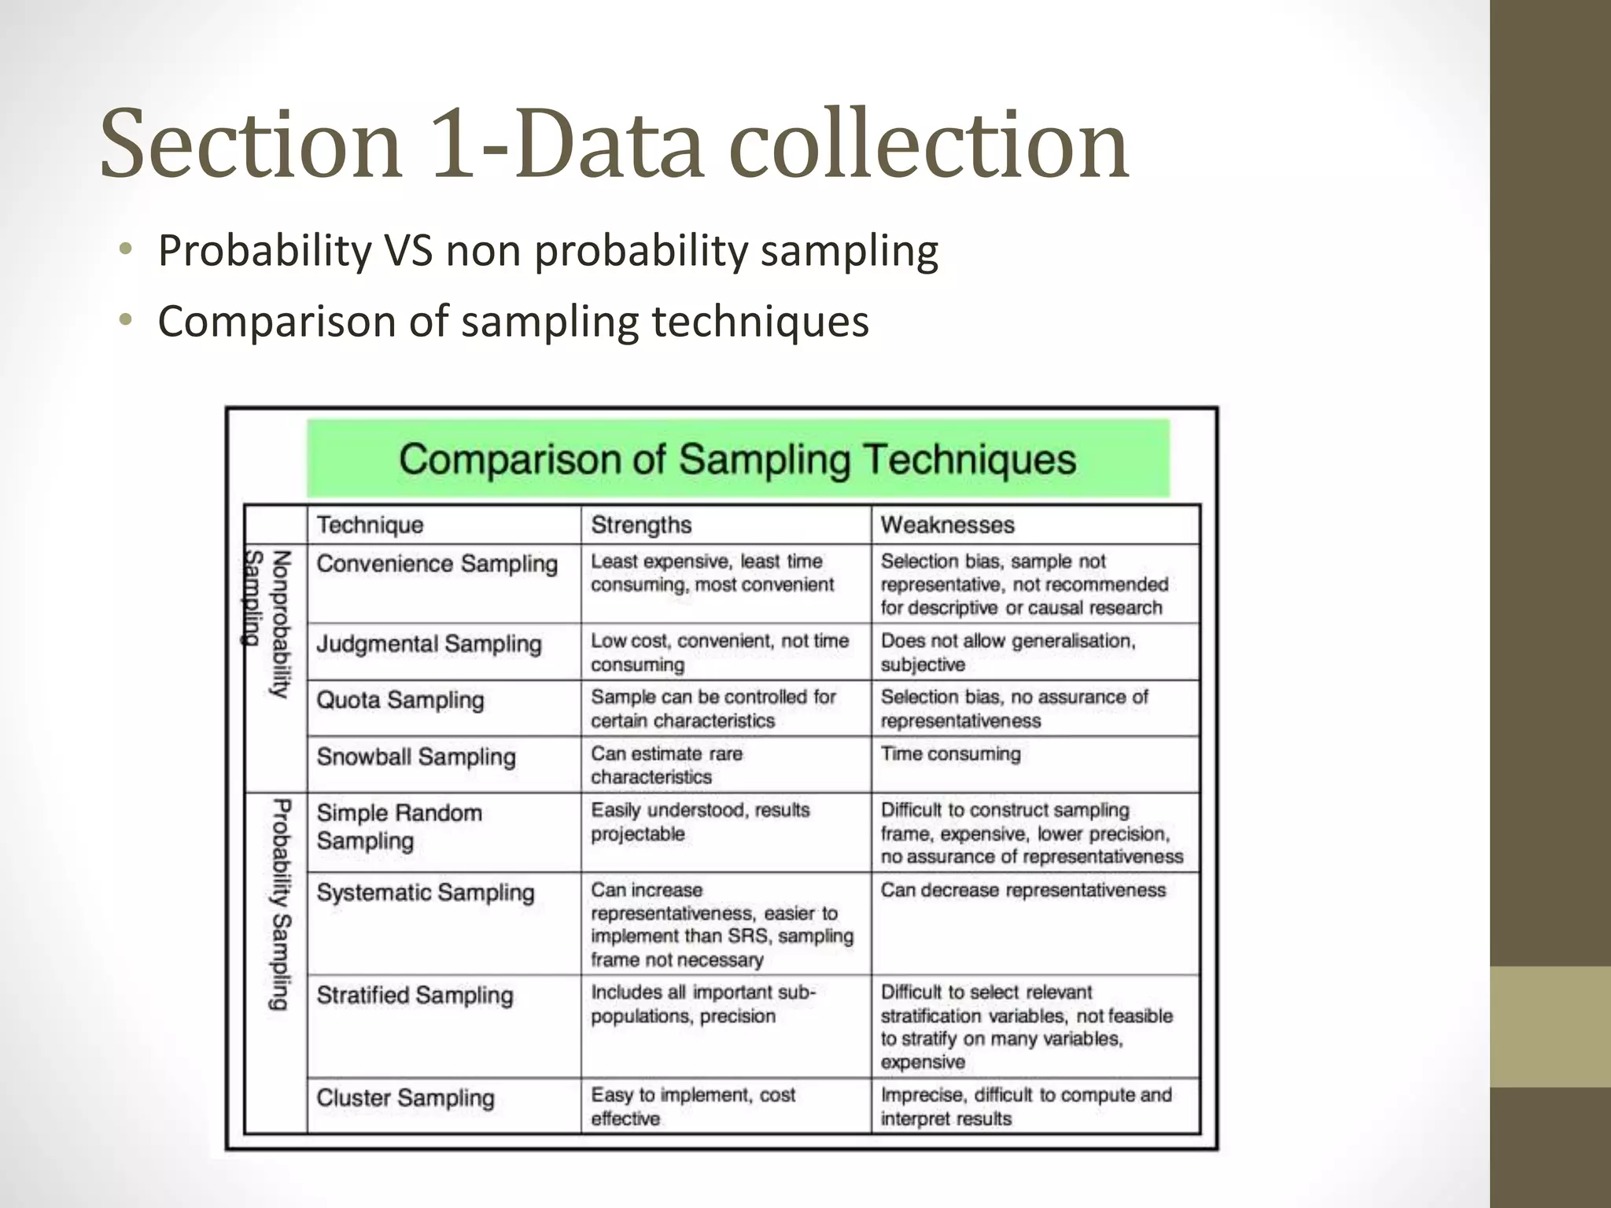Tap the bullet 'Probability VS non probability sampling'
[x=547, y=251]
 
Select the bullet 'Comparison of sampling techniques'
[x=513, y=322]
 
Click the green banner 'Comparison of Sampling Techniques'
[x=737, y=459]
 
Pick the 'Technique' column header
[x=370, y=525]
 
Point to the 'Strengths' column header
[x=641, y=525]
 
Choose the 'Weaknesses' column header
[x=947, y=525]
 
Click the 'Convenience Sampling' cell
[x=437, y=564]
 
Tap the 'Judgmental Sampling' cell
[x=429, y=644]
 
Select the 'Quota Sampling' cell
[x=400, y=700]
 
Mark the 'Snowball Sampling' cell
[x=416, y=757]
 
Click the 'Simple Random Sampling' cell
[x=399, y=827]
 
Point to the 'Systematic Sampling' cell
[x=425, y=893]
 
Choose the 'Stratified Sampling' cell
[x=415, y=995]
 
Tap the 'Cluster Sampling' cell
[x=405, y=1098]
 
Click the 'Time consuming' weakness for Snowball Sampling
[x=950, y=754]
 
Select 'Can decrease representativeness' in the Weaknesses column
[x=1023, y=890]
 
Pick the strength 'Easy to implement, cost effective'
[x=692, y=1107]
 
